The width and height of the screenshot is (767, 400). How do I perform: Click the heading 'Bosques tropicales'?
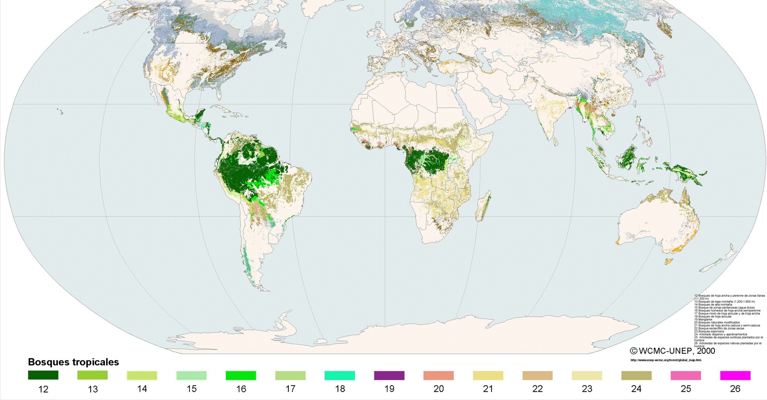(73, 362)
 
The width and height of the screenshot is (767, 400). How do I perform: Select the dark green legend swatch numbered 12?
(43, 375)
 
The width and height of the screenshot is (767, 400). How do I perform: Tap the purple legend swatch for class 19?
(389, 375)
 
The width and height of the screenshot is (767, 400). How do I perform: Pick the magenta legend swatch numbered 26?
(735, 375)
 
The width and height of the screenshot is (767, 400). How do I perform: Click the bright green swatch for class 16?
(241, 375)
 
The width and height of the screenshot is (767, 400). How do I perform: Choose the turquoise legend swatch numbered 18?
(339, 375)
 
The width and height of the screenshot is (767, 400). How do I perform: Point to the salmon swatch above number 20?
(438, 375)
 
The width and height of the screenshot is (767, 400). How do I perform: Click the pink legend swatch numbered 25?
(686, 375)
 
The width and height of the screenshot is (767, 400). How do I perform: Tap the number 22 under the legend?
(538, 389)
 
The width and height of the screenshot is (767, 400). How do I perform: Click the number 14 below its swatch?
(142, 389)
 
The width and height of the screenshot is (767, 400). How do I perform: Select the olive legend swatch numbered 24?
(636, 375)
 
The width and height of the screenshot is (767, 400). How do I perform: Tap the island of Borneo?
(629, 157)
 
